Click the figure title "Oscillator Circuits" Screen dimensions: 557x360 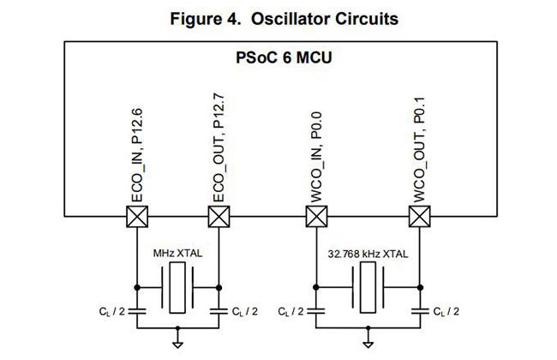click(x=325, y=19)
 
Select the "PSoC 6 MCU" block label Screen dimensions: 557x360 click(x=284, y=57)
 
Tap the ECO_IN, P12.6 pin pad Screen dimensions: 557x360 click(x=137, y=216)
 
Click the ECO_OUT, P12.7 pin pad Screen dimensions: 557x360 click(x=219, y=216)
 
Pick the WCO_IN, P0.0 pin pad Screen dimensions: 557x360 click(x=316, y=216)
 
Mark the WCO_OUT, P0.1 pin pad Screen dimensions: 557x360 click(x=420, y=216)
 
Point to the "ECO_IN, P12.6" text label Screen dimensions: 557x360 click(x=137, y=155)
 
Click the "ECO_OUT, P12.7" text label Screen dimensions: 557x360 click(x=219, y=147)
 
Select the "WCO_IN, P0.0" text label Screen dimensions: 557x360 click(x=316, y=157)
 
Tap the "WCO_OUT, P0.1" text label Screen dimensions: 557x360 click(x=420, y=150)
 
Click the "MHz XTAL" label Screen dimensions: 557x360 click(x=177, y=254)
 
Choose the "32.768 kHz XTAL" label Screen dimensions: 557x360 click(x=368, y=254)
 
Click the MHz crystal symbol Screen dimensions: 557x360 click(x=177, y=287)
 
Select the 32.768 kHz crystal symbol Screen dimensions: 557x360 click(x=368, y=287)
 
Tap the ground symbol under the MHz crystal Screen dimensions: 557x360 click(x=177, y=345)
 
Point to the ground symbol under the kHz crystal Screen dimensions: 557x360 click(x=368, y=345)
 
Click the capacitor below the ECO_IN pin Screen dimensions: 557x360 click(x=137, y=311)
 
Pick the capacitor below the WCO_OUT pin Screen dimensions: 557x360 click(x=420, y=311)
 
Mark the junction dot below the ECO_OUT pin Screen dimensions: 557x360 click(x=219, y=287)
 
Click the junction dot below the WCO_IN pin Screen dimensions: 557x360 click(x=316, y=287)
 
